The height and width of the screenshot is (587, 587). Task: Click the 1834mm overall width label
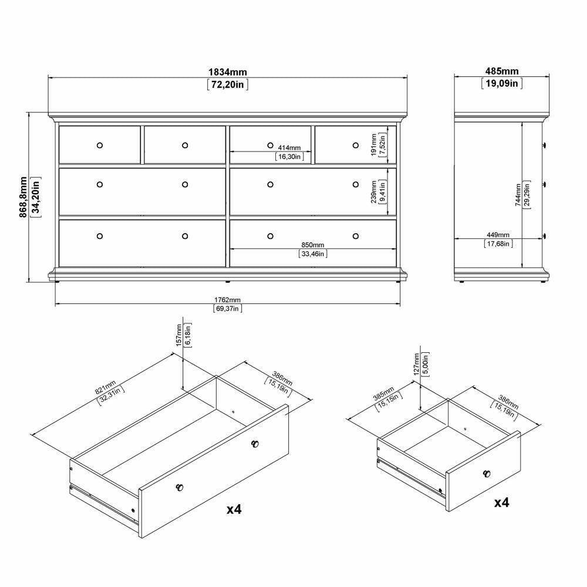point(228,72)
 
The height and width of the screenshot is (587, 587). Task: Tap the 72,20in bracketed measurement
point(228,85)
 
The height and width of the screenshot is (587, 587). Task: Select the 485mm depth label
point(502,72)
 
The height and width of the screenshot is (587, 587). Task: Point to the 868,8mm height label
point(23,197)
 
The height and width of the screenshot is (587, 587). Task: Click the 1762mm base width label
point(227,300)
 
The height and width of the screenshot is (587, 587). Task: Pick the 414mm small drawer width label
point(288,148)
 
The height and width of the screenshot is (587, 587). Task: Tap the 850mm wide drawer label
point(312,245)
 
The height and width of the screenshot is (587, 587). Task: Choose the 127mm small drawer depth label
point(416,363)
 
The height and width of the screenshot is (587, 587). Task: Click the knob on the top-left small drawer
point(99,144)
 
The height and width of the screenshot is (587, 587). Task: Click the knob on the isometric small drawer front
point(486,473)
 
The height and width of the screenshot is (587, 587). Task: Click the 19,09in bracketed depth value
point(502,84)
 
